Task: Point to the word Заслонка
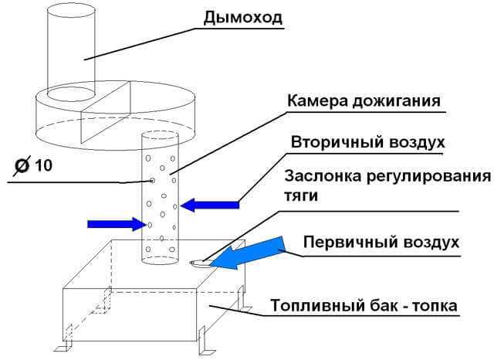[323, 176]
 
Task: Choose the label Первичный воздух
[381, 241]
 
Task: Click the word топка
[435, 306]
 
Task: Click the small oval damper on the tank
[198, 263]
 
